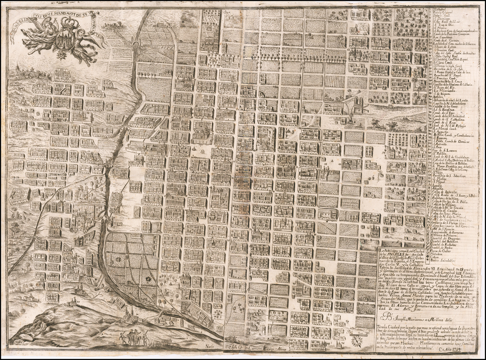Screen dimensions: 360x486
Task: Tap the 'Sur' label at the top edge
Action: pyautogui.click(x=226, y=13)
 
